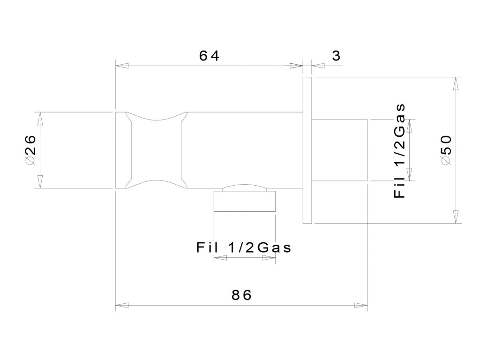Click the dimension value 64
(209, 56)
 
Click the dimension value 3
(336, 56)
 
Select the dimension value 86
(242, 295)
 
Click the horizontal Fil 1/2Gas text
(244, 247)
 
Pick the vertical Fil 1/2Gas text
(399, 150)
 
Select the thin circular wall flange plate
(307, 150)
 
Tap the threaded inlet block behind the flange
(339, 150)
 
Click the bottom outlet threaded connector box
(244, 202)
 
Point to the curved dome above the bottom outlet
(244, 187)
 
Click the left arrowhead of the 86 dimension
(121, 306)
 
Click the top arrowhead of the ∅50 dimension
(455, 83)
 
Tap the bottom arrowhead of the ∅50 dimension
(455, 217)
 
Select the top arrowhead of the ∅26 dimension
(40, 118)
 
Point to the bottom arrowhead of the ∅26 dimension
(40, 182)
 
